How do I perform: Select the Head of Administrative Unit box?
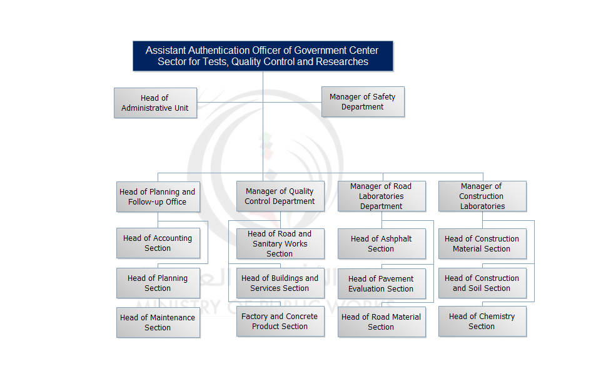tap(155, 103)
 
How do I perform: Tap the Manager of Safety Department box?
tap(363, 102)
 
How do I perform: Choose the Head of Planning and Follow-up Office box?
tap(158, 197)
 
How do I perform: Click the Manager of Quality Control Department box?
tap(280, 196)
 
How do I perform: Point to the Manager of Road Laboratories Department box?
tap(381, 196)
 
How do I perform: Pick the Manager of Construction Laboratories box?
tap(482, 196)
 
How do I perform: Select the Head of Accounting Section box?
tap(158, 243)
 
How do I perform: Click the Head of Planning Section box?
tap(158, 283)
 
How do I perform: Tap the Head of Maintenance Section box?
tap(158, 323)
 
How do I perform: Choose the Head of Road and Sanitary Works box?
tap(280, 244)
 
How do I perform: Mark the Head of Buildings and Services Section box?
tap(280, 283)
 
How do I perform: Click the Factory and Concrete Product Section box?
tap(280, 322)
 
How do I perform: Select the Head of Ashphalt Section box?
tap(381, 244)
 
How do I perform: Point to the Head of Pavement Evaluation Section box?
tap(381, 284)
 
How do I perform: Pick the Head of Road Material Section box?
tap(381, 322)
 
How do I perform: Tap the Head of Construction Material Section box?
tap(482, 244)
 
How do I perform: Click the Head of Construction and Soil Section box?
tap(482, 283)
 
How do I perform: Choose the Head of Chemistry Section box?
tap(482, 322)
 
